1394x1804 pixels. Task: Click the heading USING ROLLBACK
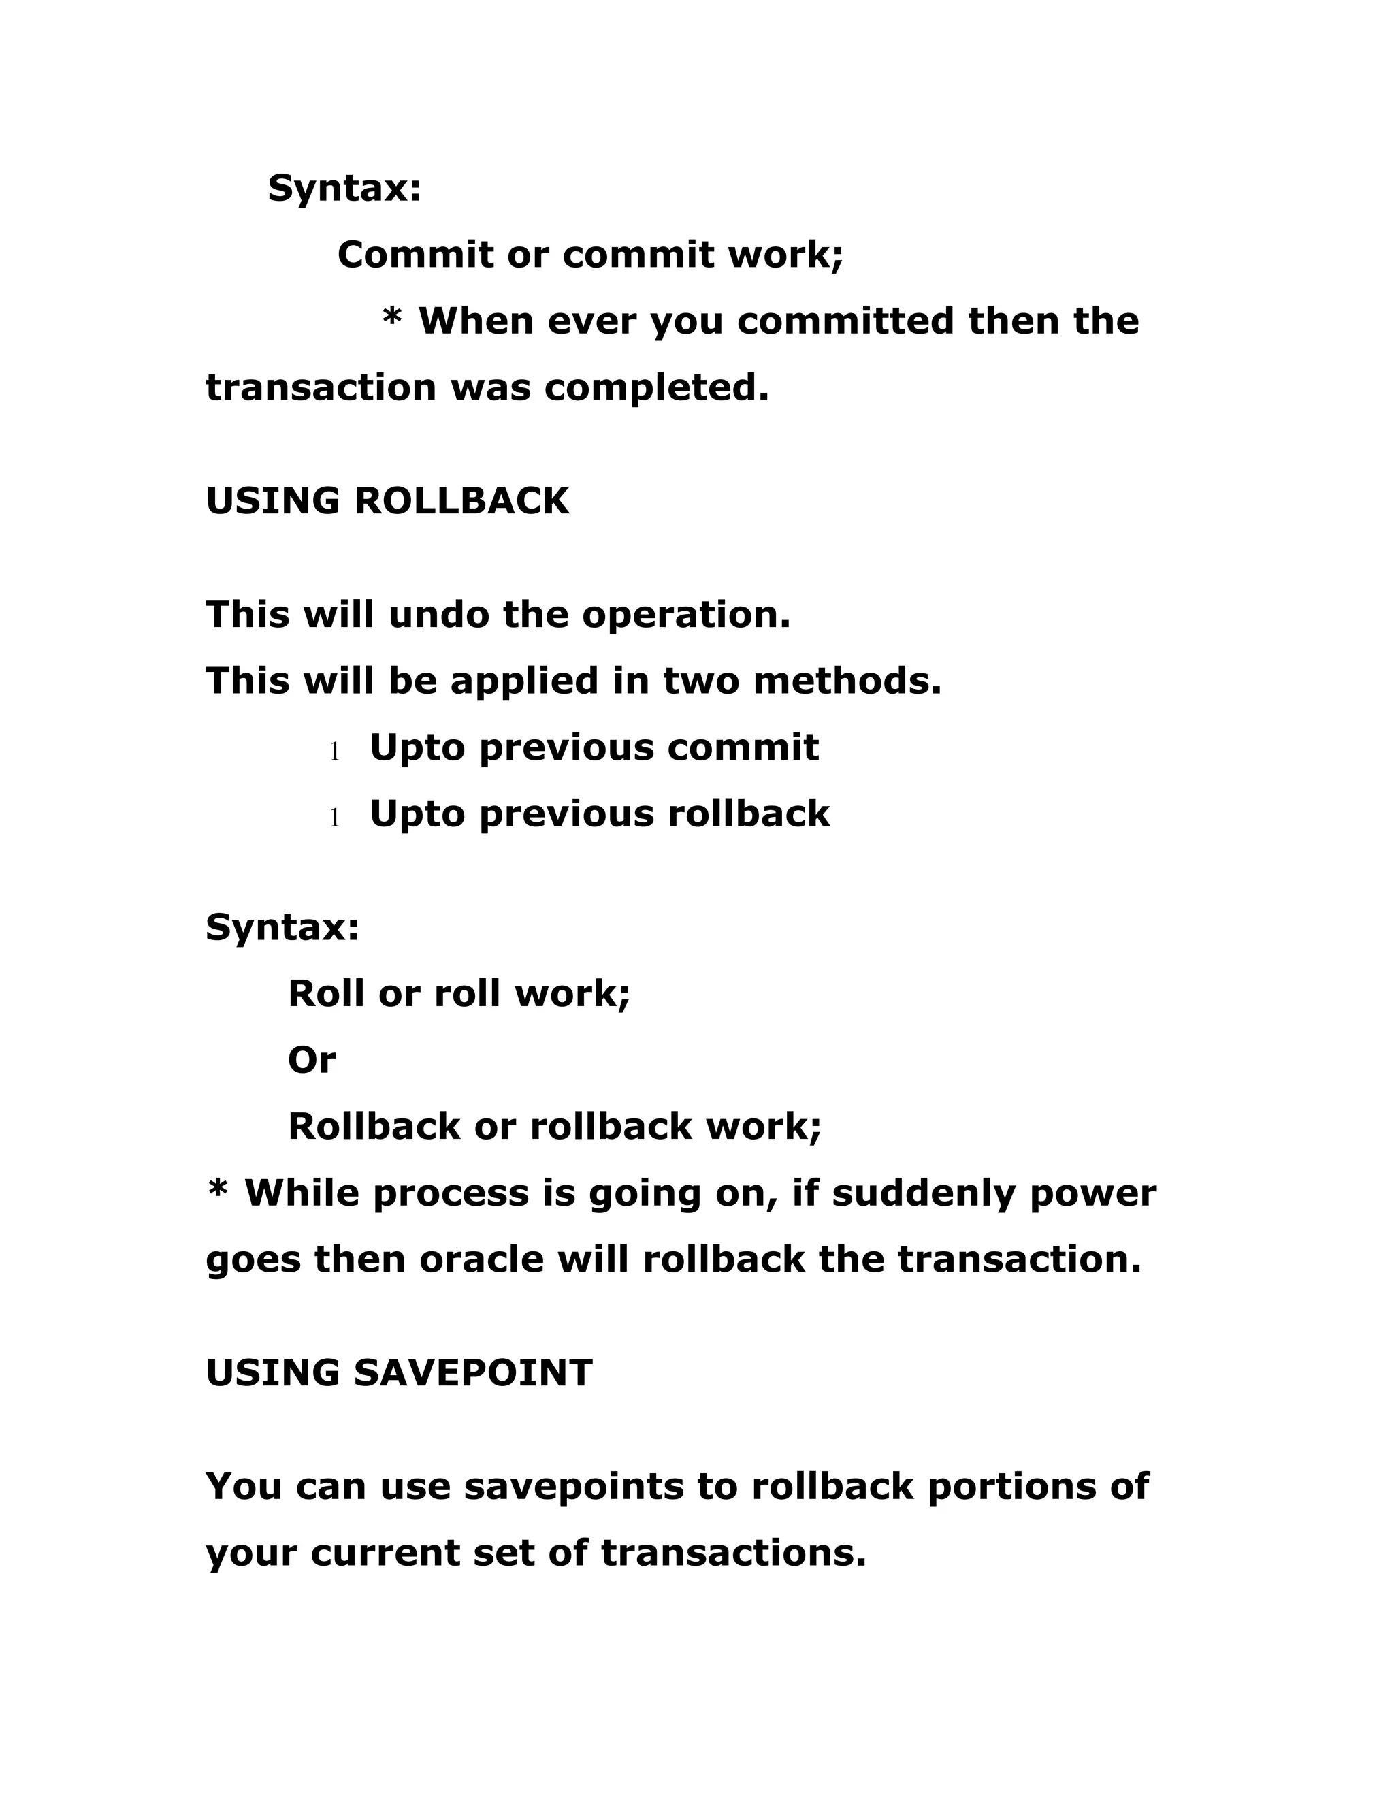387,502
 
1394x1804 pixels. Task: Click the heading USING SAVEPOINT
399,1373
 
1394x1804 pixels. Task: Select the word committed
845,321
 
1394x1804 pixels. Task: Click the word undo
438,615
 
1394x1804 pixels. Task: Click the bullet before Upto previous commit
334,752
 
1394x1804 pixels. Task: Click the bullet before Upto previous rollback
334,818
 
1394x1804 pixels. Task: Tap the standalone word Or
311,1060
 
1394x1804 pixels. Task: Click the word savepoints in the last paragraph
574,1487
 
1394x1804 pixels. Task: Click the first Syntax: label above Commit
344,189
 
